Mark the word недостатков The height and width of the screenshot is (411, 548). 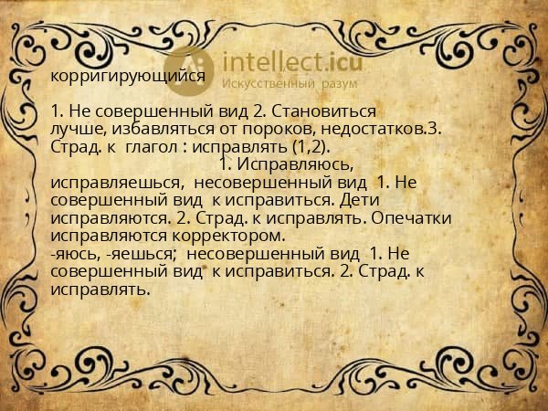point(378,130)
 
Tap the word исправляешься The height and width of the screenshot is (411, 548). point(110,182)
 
